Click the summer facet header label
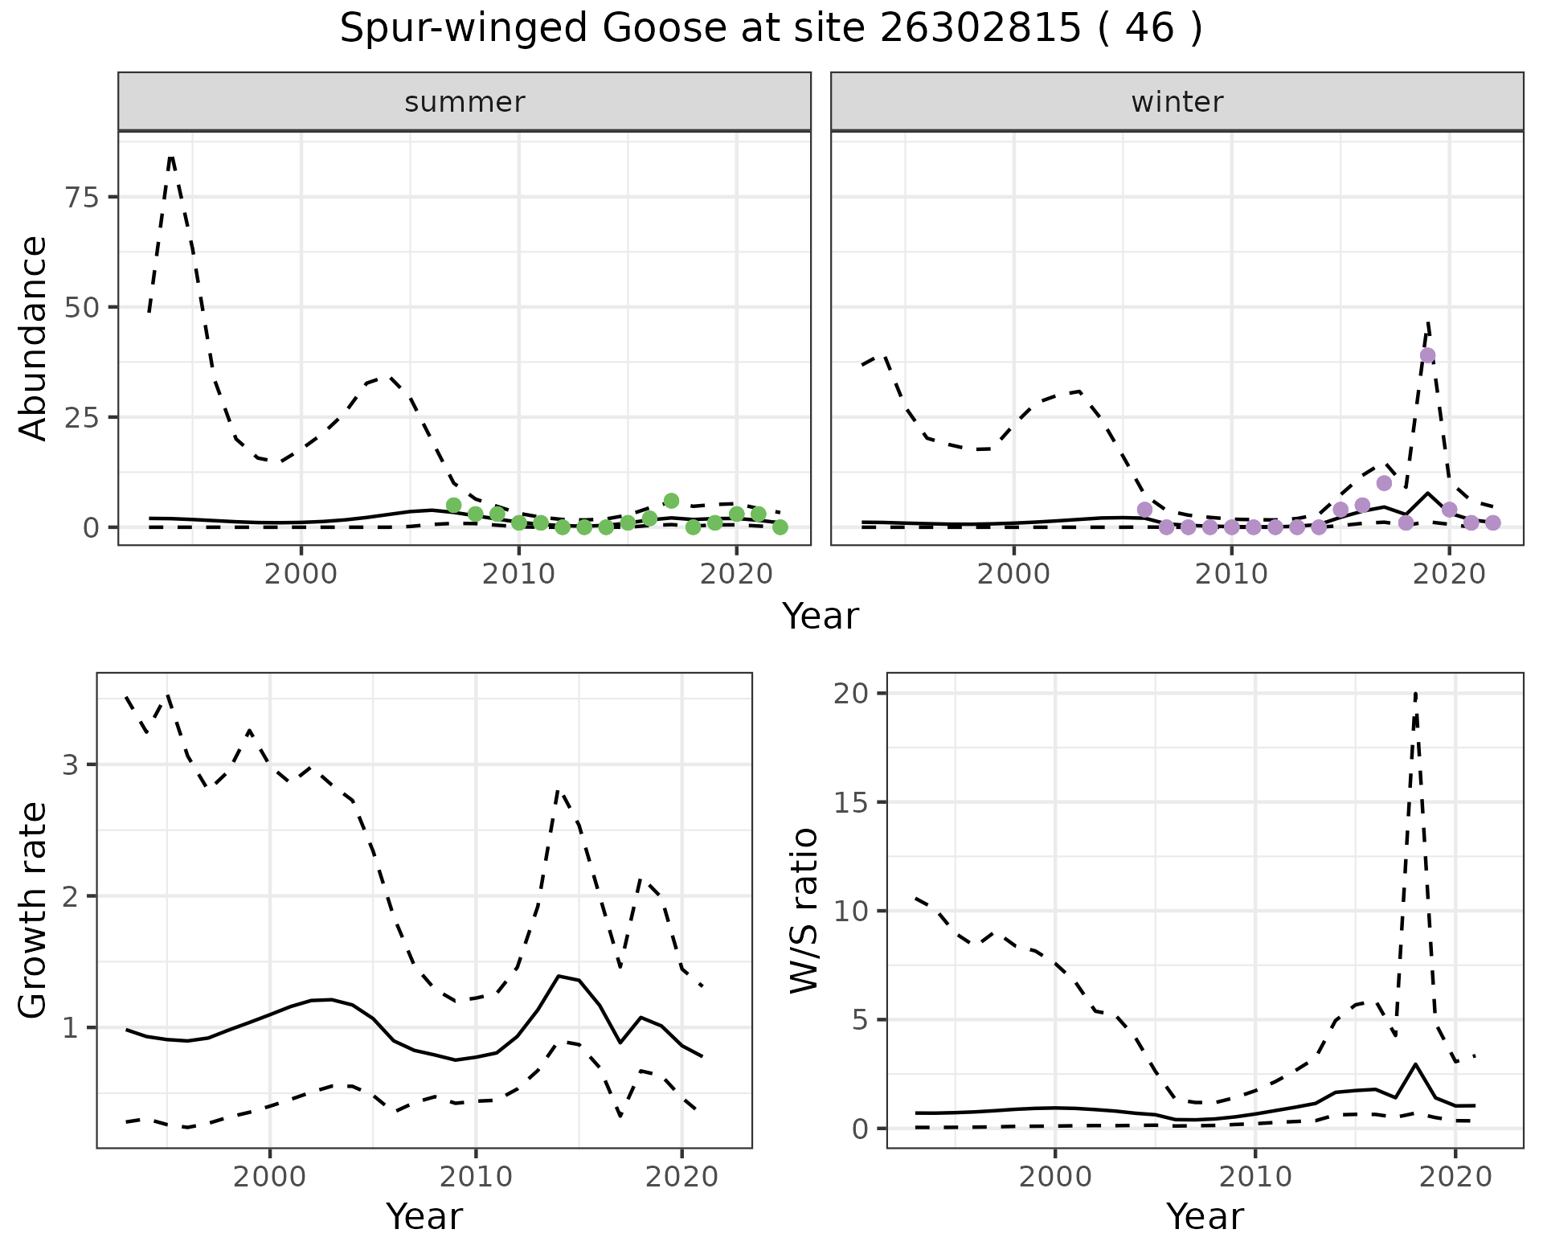click(x=465, y=102)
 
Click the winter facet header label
click(x=1177, y=102)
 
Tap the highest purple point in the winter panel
click(x=1427, y=355)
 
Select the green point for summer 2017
click(x=671, y=501)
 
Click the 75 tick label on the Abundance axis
click(x=80, y=197)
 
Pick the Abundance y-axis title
click(x=34, y=338)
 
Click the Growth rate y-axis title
click(x=34, y=910)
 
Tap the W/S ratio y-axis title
click(x=804, y=910)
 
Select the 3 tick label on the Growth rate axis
click(x=71, y=764)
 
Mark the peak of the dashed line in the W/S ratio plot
click(x=1415, y=693)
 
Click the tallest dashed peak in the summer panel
click(x=171, y=157)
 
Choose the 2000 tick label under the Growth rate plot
click(x=270, y=1177)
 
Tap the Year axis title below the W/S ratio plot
click(x=1205, y=1216)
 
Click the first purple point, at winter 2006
click(x=1144, y=510)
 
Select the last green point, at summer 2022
click(x=780, y=527)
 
